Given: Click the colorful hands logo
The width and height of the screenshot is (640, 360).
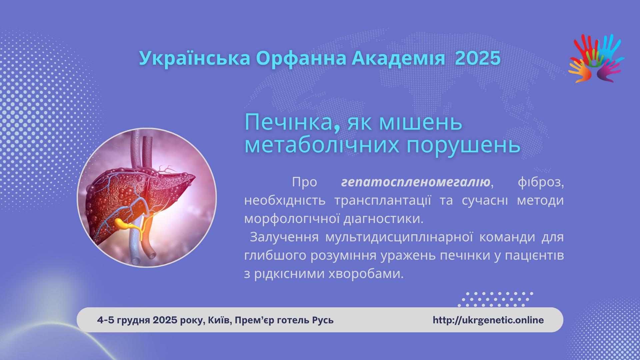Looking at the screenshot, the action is [x=596, y=58].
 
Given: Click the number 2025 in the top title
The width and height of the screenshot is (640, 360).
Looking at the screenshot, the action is [x=478, y=58].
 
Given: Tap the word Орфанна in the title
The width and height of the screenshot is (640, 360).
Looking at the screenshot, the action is [x=301, y=58].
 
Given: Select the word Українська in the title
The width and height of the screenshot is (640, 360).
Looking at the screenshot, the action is [x=195, y=58].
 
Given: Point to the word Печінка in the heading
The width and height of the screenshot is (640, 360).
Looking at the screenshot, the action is [x=289, y=122].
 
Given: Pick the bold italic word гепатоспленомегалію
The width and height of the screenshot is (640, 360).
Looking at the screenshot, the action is [x=416, y=182].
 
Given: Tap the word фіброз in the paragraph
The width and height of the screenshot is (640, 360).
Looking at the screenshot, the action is [x=540, y=182].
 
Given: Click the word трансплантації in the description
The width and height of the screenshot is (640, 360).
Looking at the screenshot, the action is [x=383, y=200].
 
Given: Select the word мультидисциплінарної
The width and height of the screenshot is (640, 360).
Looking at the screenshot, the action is [x=399, y=237].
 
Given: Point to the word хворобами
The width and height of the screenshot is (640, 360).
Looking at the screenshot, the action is [x=366, y=274].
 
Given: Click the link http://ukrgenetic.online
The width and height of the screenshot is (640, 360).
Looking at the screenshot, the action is [x=488, y=320].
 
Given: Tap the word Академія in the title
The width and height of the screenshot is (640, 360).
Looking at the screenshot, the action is [x=398, y=58].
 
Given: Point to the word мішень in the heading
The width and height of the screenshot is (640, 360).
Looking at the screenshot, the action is [x=421, y=122].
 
